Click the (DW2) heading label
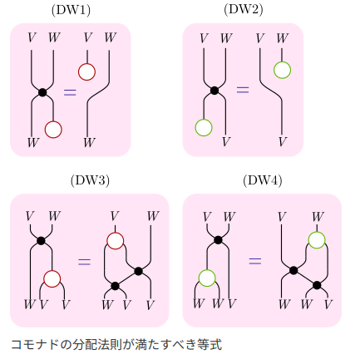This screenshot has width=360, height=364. click(243, 10)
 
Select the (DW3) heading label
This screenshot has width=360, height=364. click(89, 180)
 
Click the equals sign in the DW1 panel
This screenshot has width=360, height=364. click(70, 92)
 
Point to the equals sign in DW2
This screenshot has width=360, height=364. click(242, 89)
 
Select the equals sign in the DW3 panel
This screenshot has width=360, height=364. click(84, 262)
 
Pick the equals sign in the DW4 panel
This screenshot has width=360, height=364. click(254, 261)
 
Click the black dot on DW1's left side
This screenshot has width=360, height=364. click(42, 93)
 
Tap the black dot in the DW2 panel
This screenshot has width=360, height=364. click(214, 91)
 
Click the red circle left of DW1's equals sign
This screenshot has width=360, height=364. click(53, 130)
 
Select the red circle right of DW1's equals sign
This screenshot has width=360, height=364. click(87, 71)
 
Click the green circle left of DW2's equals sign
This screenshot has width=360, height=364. click(203, 128)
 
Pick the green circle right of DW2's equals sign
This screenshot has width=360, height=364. click(282, 70)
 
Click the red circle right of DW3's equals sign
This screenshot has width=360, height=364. click(116, 241)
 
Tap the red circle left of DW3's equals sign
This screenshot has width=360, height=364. click(52, 279)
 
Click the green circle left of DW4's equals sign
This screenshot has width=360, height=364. click(207, 278)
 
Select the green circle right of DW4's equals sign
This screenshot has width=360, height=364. click(316, 240)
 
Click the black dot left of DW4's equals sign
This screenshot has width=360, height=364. click(218, 240)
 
